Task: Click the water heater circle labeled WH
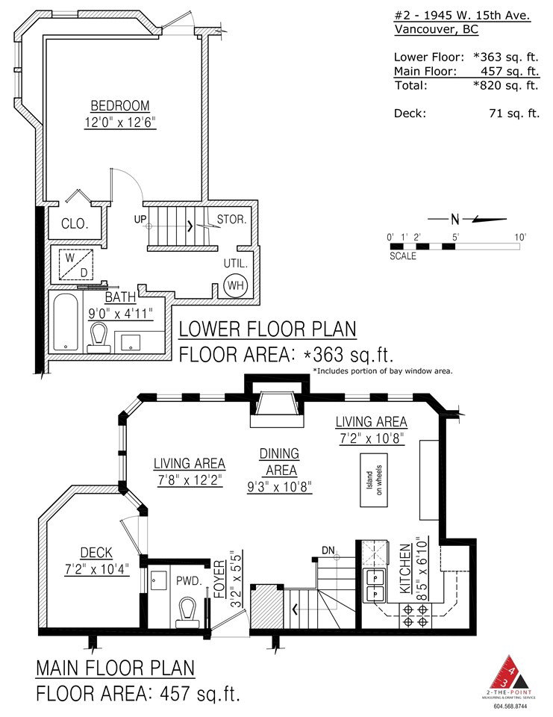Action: click(235, 285)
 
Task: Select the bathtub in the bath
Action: click(66, 323)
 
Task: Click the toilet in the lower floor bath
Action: click(99, 338)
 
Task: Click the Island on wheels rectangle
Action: click(374, 479)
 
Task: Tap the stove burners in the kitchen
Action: click(415, 615)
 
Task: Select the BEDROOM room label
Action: click(120, 105)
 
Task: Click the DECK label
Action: click(96, 553)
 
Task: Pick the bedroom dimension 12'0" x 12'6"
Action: click(120, 122)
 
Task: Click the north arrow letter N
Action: click(454, 220)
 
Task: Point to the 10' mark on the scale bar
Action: click(520, 237)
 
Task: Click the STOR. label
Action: click(231, 220)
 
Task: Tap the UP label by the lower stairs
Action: click(140, 219)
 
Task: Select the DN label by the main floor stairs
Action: click(328, 550)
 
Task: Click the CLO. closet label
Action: click(75, 223)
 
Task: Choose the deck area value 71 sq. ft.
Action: click(514, 114)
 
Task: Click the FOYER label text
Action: click(220, 579)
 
